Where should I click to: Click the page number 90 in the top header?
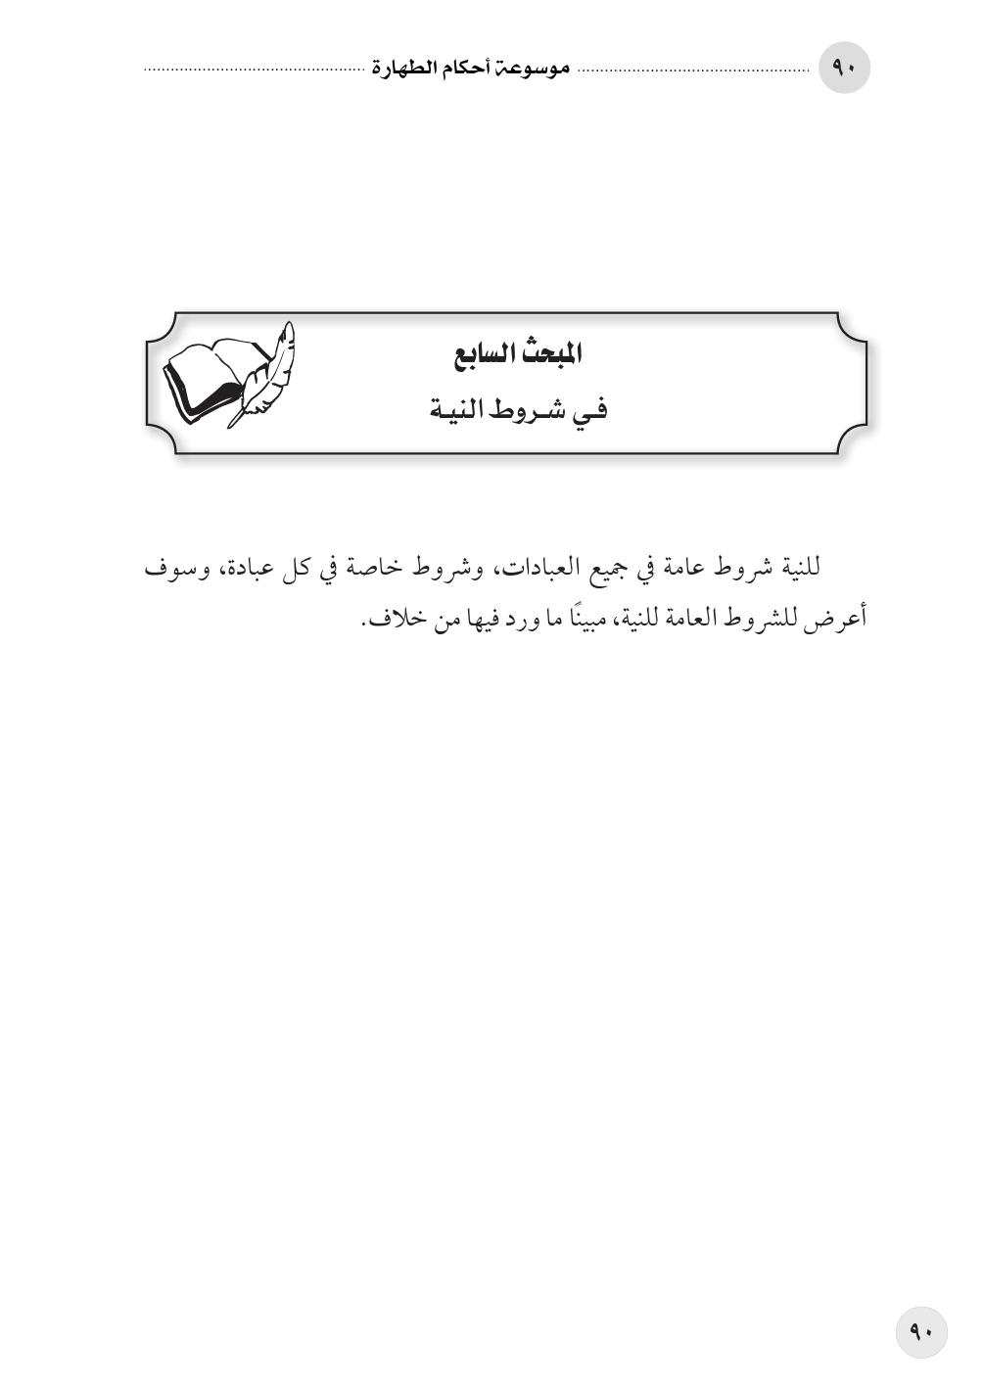tap(843, 69)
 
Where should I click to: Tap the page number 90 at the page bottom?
tap(921, 1332)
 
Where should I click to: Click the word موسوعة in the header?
tap(533, 69)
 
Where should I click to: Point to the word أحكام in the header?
tap(468, 69)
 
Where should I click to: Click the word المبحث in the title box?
tap(550, 354)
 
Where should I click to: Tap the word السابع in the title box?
tap(486, 354)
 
